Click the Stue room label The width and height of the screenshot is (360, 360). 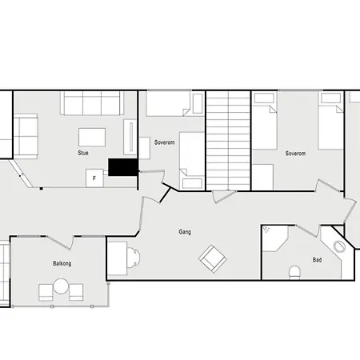click(83, 153)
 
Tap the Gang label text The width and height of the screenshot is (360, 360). click(185, 232)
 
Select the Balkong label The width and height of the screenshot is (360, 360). click(62, 263)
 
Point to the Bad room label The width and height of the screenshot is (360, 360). click(317, 260)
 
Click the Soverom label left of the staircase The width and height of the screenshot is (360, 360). click(164, 142)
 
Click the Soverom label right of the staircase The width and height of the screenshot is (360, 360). click(295, 154)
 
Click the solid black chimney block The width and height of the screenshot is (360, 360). click(123, 167)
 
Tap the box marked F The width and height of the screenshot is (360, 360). click(94, 178)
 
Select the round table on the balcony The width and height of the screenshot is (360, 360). click(61, 286)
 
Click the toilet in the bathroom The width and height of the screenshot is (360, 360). click(294, 272)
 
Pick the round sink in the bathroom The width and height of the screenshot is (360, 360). click(339, 246)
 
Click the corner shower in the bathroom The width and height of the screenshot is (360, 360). click(275, 238)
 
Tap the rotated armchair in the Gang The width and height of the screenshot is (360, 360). click(213, 259)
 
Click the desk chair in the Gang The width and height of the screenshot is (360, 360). click(134, 258)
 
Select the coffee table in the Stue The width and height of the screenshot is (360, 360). click(92, 138)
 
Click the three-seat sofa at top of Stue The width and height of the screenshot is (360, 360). click(92, 103)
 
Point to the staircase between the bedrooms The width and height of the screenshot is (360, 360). click(228, 141)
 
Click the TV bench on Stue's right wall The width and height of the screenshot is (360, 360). click(130, 137)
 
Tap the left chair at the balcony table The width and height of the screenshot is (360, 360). click(46, 292)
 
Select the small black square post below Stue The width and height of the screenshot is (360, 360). click(42, 189)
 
